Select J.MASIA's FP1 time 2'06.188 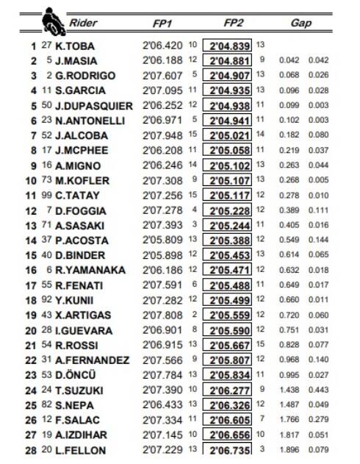coord(161,60)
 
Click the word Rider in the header coord(83,23)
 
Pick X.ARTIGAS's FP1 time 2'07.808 coord(161,315)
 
